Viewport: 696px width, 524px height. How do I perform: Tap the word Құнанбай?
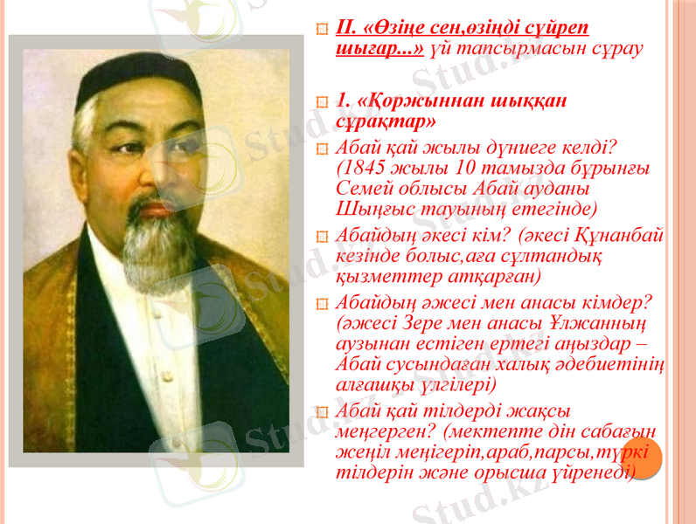click(623, 236)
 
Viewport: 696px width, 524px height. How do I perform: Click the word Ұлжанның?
click(595, 322)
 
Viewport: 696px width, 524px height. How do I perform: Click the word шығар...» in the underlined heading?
click(379, 47)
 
